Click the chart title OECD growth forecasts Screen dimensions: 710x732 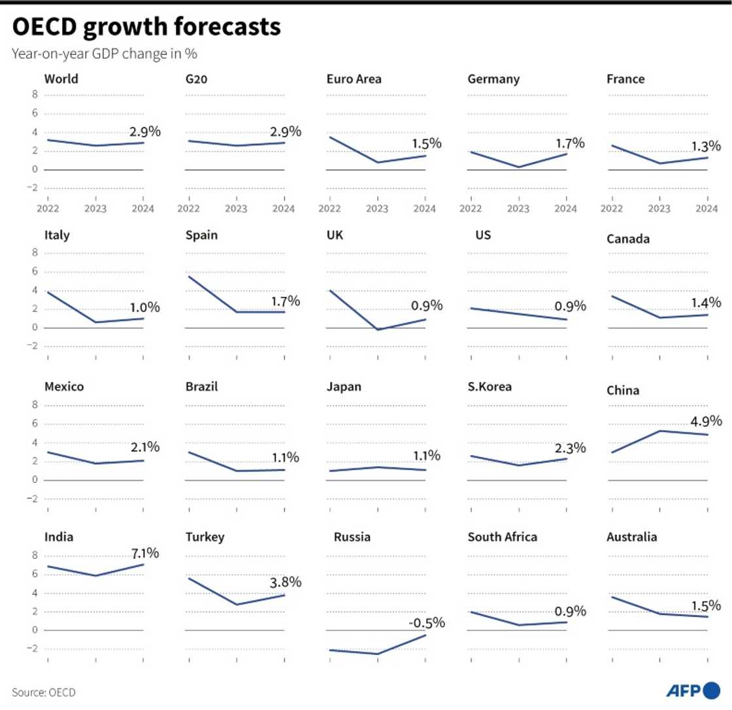146,27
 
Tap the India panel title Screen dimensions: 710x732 58,537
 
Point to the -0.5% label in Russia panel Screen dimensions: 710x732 427,622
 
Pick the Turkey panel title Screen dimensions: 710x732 205,537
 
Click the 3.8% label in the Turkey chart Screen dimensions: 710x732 286,581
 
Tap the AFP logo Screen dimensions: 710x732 693,690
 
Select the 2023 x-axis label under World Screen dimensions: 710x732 96,209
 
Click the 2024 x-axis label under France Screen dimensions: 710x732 707,209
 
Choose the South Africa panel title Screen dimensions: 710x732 503,537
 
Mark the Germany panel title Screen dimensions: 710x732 493,80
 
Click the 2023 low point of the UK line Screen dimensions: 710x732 378,330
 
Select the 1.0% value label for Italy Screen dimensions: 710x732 145,307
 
